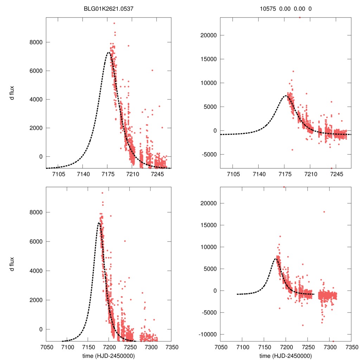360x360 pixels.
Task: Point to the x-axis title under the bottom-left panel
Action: click(109, 356)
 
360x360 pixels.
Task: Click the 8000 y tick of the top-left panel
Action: click(35, 42)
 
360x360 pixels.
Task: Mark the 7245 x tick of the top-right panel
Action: click(336, 175)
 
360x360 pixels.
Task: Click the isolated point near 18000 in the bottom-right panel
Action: click(324, 212)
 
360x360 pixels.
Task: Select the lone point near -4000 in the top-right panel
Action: click(292, 150)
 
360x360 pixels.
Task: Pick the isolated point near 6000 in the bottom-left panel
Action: click(125, 241)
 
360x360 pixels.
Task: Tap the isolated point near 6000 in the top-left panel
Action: click(152, 70)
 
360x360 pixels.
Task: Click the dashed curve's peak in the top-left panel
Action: click(109, 52)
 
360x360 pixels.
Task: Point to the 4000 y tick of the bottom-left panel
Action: click(35, 271)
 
